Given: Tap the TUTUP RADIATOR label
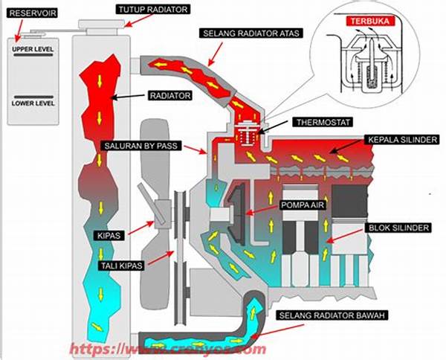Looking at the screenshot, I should point(152,8).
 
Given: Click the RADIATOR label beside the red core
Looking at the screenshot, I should point(170,96).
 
